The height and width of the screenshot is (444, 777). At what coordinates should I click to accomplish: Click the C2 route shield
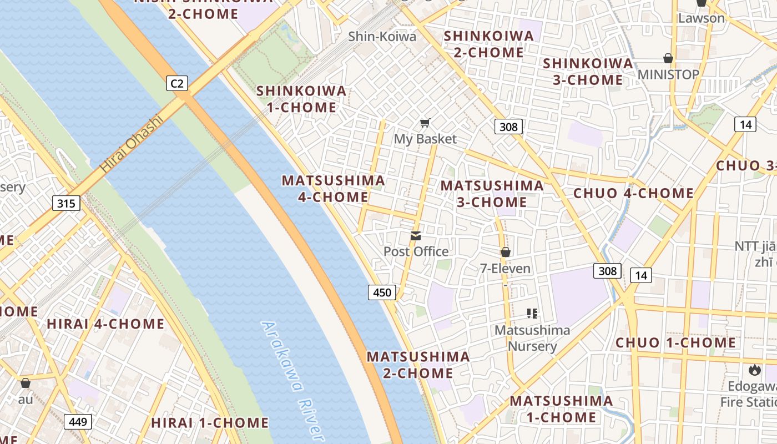click(x=176, y=84)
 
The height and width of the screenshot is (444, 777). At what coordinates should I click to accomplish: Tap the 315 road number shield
click(x=66, y=203)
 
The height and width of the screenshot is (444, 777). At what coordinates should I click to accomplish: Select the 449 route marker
click(x=78, y=422)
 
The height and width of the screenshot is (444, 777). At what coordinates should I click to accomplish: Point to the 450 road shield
click(x=382, y=292)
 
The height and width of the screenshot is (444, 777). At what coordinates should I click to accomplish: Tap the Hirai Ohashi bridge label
click(x=132, y=143)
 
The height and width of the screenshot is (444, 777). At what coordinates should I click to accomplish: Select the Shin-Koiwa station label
click(x=382, y=37)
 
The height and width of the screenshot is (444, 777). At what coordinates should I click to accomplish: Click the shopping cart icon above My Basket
click(x=425, y=123)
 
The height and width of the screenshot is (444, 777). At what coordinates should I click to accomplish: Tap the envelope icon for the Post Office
click(x=416, y=236)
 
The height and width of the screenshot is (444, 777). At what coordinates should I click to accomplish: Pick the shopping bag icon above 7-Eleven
click(x=506, y=253)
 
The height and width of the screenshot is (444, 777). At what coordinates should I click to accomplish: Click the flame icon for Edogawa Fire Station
click(x=754, y=370)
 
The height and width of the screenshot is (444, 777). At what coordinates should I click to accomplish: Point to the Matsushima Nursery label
click(x=532, y=338)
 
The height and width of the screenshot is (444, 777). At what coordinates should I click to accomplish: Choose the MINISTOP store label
click(x=668, y=74)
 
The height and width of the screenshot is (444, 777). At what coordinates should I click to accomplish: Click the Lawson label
click(x=702, y=18)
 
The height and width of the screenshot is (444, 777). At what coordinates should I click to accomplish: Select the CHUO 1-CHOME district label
click(x=675, y=342)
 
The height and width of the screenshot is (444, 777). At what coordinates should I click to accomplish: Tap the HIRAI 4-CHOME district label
click(x=105, y=324)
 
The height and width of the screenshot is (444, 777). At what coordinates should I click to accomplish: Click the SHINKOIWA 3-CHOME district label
click(x=588, y=72)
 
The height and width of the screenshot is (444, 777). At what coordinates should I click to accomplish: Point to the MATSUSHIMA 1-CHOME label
click(x=561, y=408)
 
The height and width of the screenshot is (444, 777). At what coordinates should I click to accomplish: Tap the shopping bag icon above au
click(x=26, y=384)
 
